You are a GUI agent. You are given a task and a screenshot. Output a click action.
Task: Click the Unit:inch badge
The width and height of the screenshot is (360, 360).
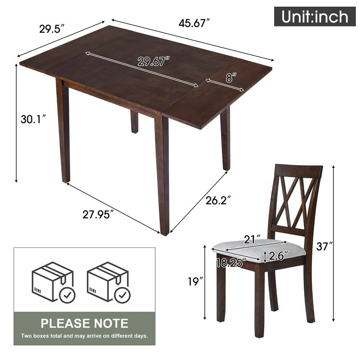pyautogui.click(x=315, y=17)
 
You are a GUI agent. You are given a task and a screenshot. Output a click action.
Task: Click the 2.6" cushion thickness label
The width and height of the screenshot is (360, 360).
pyautogui.click(x=279, y=256)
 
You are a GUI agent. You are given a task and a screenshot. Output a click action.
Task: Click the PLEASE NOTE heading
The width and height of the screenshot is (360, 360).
pyautogui.click(x=85, y=323)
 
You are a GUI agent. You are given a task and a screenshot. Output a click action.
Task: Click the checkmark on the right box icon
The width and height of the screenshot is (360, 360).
pyautogui.click(x=122, y=295)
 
